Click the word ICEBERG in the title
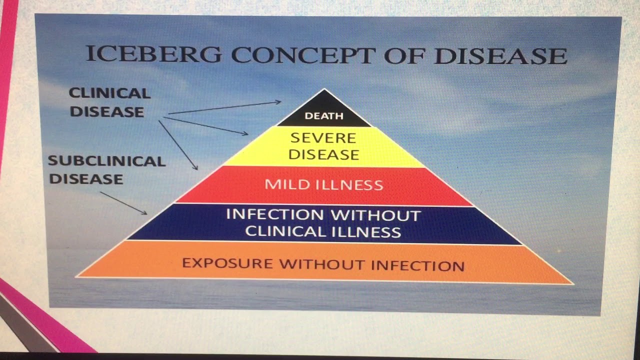153,54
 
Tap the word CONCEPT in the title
302,54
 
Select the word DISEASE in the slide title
500,56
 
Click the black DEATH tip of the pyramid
324,115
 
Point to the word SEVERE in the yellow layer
323,137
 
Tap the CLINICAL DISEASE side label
109,102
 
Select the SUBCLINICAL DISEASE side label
106,170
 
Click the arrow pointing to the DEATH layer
224,107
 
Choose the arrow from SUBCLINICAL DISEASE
123,203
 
